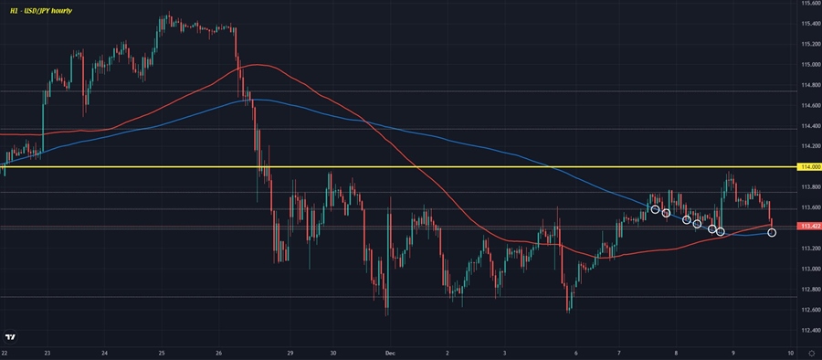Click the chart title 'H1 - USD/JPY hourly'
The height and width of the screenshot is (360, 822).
pos(41,9)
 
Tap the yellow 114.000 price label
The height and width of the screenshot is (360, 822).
pos(809,167)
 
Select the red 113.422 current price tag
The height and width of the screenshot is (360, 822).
pos(809,226)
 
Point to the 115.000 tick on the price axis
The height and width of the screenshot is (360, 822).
pos(809,65)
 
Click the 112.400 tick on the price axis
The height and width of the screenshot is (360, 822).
pos(809,330)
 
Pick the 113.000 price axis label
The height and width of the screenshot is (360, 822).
pos(809,269)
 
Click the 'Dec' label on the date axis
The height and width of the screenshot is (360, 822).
pos(390,352)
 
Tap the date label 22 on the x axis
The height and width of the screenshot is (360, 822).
pos(5,352)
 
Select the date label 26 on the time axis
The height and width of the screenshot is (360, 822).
pos(219,352)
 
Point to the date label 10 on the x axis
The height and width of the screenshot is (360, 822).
pos(787,352)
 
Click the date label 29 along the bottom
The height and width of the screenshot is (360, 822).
pos(290,352)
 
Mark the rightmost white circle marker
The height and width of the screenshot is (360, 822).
pos(772,233)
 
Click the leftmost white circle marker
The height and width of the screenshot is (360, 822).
pos(655,209)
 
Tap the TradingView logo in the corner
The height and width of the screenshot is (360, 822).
pos(11,335)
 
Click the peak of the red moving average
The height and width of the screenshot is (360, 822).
pos(259,65)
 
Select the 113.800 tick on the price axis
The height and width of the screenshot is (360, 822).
pos(809,187)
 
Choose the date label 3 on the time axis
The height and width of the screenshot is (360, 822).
pos(504,352)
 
